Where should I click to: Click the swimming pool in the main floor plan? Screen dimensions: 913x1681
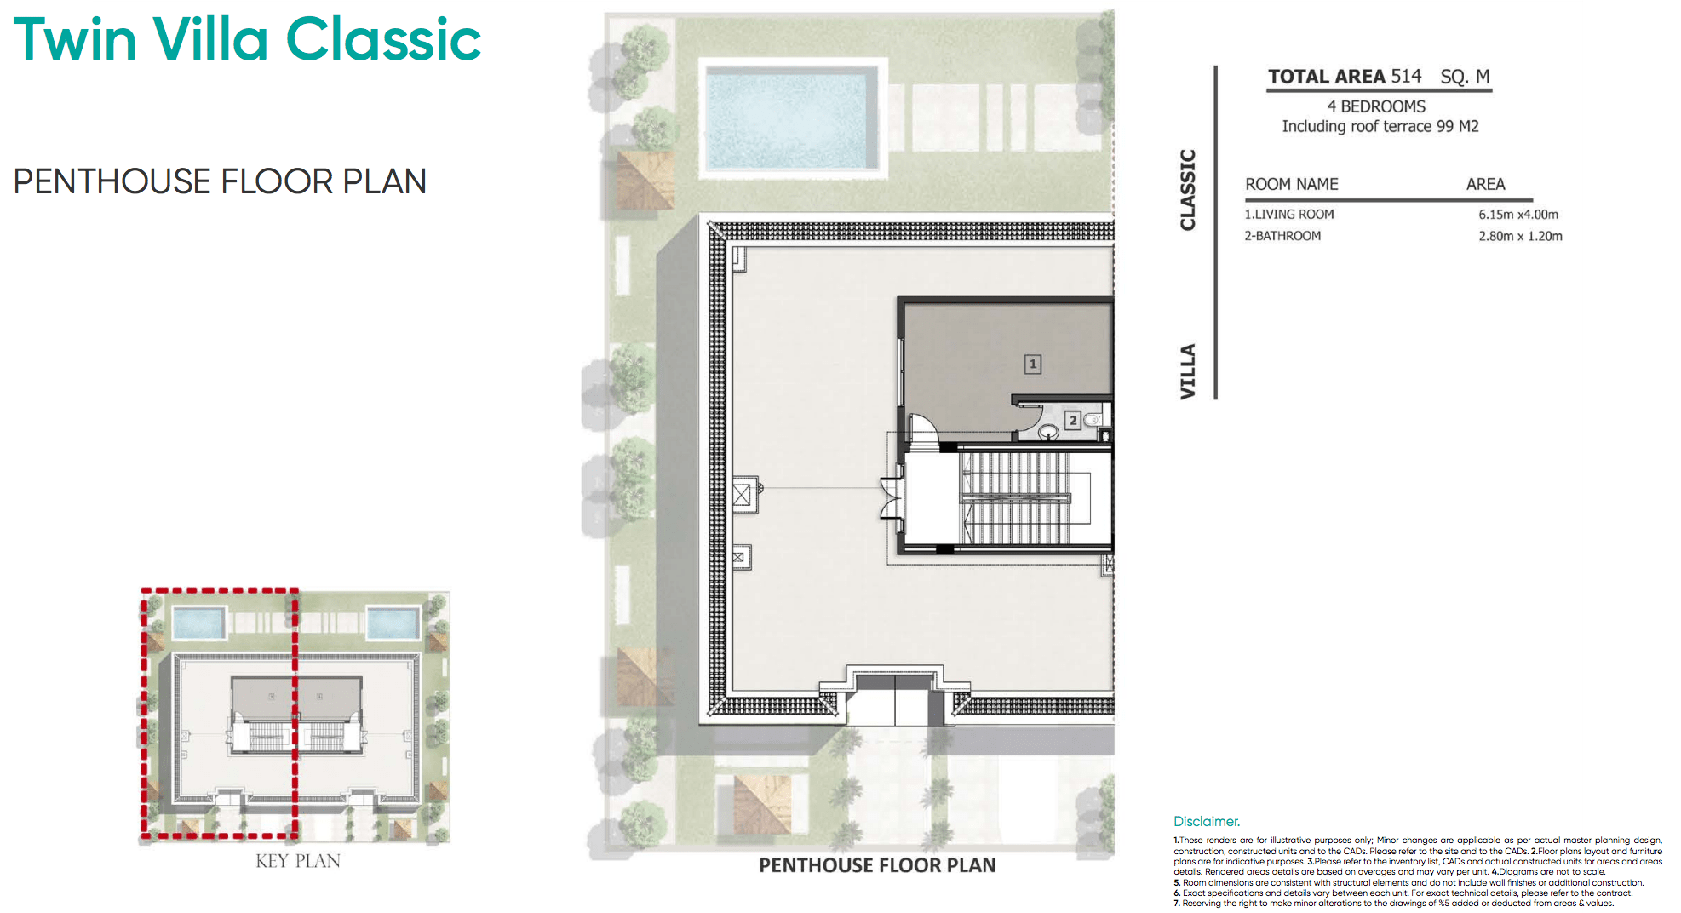792,118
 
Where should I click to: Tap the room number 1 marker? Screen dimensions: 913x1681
1032,365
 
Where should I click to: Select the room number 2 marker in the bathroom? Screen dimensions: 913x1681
1073,420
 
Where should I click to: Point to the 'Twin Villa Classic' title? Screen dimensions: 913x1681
247,40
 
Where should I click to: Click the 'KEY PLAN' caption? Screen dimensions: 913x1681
298,861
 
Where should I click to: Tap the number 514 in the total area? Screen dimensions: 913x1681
1406,77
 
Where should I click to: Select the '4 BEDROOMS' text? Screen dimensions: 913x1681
1376,106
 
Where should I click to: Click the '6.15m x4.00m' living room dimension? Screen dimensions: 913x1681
1518,215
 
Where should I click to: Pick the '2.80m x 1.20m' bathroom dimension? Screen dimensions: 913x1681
1520,236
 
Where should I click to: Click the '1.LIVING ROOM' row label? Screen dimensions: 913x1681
1289,215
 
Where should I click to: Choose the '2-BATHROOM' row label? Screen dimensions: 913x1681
1282,236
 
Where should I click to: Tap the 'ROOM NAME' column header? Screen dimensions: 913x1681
1291,184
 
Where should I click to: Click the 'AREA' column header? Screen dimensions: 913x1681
1485,184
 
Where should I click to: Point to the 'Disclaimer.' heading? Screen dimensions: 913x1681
1207,821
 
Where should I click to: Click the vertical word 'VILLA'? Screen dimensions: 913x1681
1188,371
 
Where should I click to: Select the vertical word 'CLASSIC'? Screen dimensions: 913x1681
1188,189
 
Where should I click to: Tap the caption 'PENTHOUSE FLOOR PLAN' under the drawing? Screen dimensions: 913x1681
877,865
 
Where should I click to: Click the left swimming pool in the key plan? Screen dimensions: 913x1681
199,623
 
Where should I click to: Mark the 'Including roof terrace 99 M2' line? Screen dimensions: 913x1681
1380,126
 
